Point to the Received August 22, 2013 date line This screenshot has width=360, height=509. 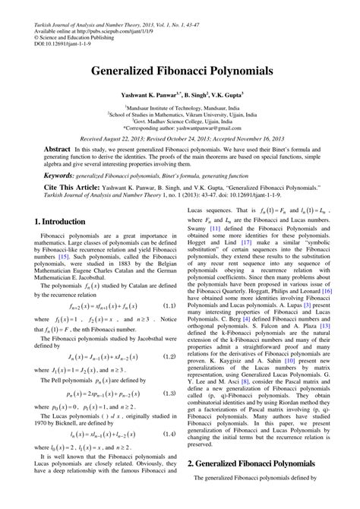point(179,140)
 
